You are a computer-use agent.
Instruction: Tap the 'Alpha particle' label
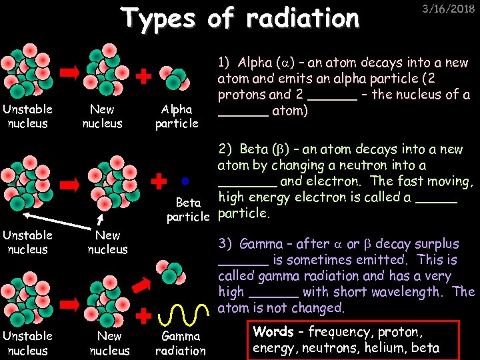tap(177, 116)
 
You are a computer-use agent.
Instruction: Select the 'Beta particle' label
tap(188, 209)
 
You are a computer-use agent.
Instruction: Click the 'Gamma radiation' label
tap(180, 343)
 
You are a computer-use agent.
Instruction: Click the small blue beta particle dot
tap(185, 180)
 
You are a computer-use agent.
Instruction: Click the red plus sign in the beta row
tap(159, 180)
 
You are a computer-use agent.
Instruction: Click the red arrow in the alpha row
tap(70, 73)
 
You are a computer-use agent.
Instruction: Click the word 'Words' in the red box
tap(273, 332)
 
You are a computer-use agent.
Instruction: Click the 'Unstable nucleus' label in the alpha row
tap(28, 116)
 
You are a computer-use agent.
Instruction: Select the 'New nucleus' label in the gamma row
tap(109, 343)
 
